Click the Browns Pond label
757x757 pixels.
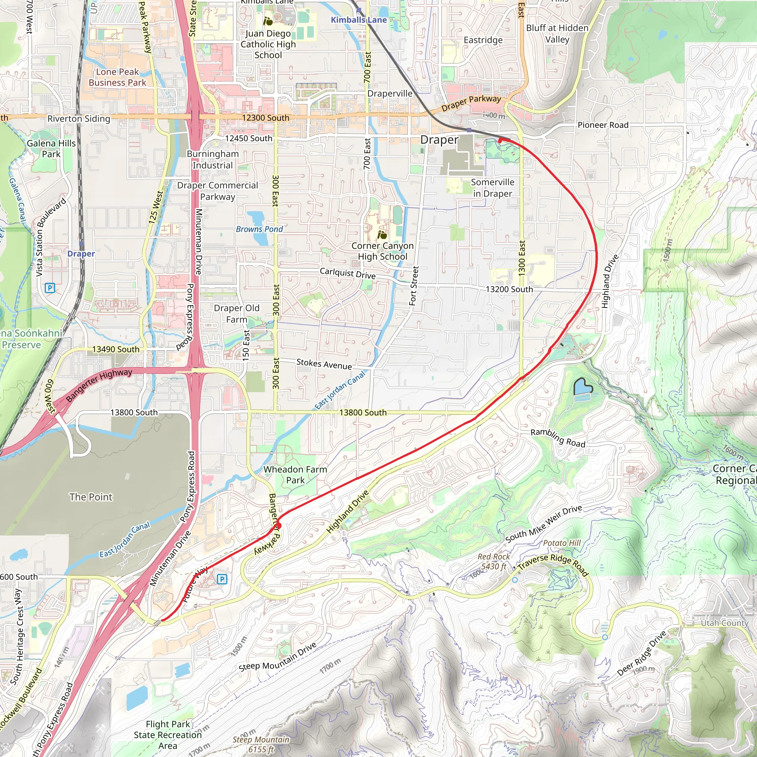tap(259, 229)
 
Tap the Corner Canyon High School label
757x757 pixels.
tap(382, 251)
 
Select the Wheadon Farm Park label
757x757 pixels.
tap(295, 475)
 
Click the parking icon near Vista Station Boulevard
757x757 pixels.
tap(50, 288)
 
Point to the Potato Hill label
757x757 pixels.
tap(561, 543)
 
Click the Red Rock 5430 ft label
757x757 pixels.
tap(493, 561)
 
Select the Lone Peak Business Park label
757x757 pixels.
tap(117, 77)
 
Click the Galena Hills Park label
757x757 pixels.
tap(51, 149)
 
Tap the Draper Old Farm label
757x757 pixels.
tap(236, 314)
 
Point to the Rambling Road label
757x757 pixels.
tap(557, 438)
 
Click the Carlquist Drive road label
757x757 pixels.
tap(347, 273)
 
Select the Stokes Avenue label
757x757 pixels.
tap(324, 364)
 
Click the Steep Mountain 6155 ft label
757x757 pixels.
tap(261, 744)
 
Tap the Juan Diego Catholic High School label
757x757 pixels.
tap(268, 44)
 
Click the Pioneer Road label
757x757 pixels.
tap(602, 125)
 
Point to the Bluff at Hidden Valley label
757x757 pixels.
tap(557, 34)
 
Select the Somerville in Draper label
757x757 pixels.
tap(492, 188)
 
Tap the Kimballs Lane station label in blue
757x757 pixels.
tap(359, 20)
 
